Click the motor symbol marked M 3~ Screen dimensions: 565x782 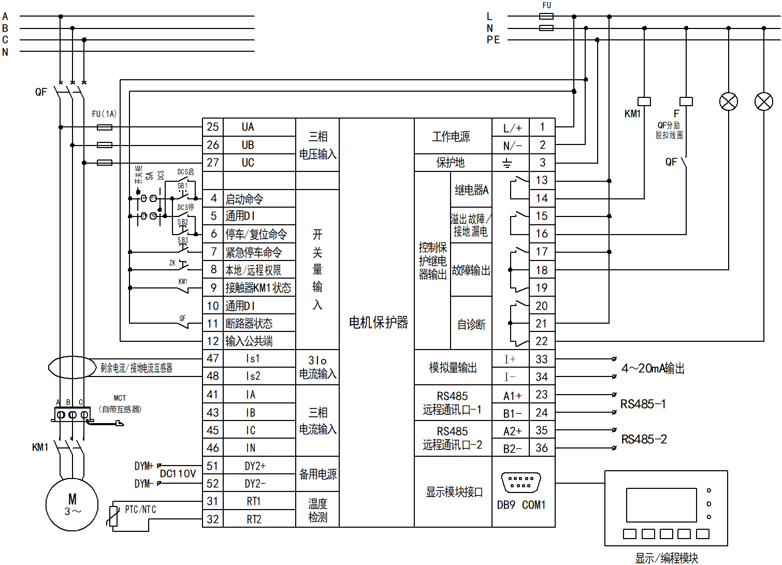[x=72, y=504]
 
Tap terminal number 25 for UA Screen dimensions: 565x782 [x=213, y=127]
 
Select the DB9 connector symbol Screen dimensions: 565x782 [x=521, y=482]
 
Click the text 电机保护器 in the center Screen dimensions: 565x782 [x=378, y=323]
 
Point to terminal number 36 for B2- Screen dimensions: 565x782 [x=542, y=448]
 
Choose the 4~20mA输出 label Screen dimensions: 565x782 [x=653, y=368]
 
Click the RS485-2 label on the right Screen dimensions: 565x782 [x=644, y=440]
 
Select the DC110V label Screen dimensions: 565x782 [x=178, y=474]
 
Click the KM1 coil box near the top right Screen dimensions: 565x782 [x=644, y=102]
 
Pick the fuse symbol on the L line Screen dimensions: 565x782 [x=546, y=17]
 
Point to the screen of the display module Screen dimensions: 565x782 [x=661, y=505]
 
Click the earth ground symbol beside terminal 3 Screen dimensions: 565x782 [x=507, y=163]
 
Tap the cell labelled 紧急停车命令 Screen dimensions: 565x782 [x=254, y=253]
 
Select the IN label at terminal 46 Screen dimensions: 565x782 [x=251, y=448]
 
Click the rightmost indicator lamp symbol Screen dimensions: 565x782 [x=764, y=102]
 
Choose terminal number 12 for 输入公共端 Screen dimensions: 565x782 [x=213, y=341]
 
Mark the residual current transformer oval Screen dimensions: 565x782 [x=72, y=367]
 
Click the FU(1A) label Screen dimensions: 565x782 [x=104, y=114]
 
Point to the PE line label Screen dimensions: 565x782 [x=494, y=40]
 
